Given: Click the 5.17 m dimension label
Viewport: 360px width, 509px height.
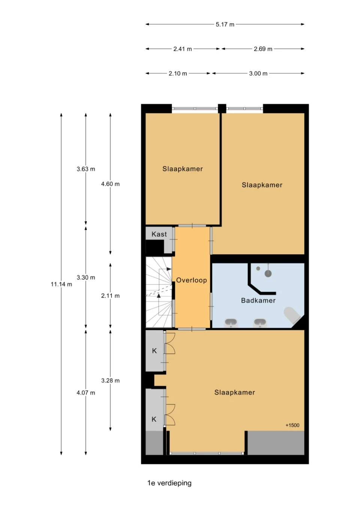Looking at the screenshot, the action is click(225, 24).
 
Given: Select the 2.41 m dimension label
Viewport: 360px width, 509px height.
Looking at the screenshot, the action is click(183, 49).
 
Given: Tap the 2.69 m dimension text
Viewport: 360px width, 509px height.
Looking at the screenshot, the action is click(263, 49).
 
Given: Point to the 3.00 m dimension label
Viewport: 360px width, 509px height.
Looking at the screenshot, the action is click(258, 73).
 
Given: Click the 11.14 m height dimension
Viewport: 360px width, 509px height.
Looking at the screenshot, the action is click(61, 284).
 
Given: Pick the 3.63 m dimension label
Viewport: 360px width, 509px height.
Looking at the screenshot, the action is click(85, 169).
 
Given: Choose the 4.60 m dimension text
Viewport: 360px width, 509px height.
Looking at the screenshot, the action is click(110, 184).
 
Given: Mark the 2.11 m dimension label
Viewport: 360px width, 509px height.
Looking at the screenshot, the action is click(110, 296).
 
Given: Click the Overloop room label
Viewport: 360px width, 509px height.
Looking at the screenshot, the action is click(191, 280).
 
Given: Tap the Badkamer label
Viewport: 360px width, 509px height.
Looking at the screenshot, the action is click(258, 300).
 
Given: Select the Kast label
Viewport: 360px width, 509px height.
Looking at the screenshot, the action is click(159, 234).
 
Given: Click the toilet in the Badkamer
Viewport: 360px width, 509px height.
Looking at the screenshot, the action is click(292, 315).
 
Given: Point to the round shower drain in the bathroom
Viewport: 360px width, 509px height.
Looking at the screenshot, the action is click(268, 273).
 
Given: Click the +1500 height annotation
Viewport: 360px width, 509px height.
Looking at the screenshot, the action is click(292, 425).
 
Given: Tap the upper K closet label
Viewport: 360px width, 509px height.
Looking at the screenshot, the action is click(154, 351).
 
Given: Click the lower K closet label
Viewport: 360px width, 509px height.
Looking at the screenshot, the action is click(154, 419).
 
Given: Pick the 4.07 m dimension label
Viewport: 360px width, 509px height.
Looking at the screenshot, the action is click(85, 393).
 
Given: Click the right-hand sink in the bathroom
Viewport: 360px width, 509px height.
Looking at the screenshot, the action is click(260, 323).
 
